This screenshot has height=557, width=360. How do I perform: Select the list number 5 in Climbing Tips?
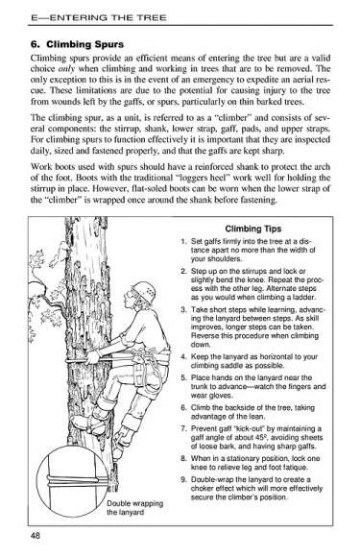[x=183, y=377]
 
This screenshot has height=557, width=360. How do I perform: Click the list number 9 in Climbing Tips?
[x=183, y=477]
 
